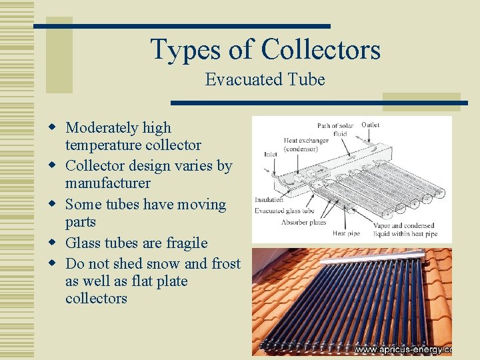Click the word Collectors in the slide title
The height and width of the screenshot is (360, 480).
click(x=321, y=49)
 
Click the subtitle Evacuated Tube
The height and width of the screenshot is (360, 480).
click(x=265, y=80)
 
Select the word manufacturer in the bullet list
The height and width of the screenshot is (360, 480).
click(x=108, y=183)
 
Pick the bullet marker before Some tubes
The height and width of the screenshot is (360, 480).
click(x=51, y=205)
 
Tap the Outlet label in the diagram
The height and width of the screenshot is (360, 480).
click(x=371, y=125)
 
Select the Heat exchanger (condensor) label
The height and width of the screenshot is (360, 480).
click(x=306, y=145)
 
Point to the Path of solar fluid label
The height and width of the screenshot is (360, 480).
click(x=335, y=129)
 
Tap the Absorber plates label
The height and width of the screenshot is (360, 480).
click(x=303, y=222)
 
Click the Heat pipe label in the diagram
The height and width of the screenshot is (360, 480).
click(x=347, y=233)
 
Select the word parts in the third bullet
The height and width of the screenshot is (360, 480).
click(x=81, y=222)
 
